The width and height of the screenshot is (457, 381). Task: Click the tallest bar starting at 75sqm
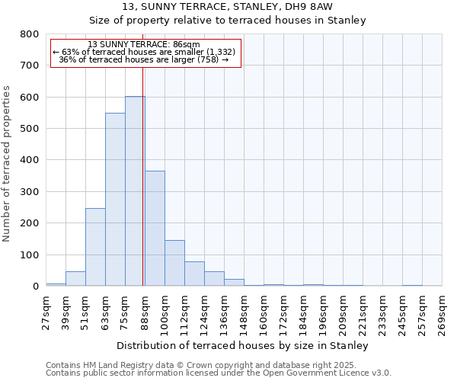(x=135, y=190)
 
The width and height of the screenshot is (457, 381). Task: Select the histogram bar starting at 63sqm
(x=115, y=200)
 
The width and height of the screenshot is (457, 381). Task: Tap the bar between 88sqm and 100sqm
(x=155, y=229)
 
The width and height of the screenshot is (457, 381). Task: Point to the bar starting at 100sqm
(x=174, y=263)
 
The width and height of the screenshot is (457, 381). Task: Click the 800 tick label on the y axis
(x=29, y=34)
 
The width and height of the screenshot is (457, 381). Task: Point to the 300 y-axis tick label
(x=29, y=192)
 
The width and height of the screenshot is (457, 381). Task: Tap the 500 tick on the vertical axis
(x=29, y=129)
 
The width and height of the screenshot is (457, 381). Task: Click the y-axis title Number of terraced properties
(x=7, y=163)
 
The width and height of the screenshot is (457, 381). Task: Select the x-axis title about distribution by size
(x=244, y=345)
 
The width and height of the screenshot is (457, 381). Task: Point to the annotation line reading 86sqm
(x=144, y=44)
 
